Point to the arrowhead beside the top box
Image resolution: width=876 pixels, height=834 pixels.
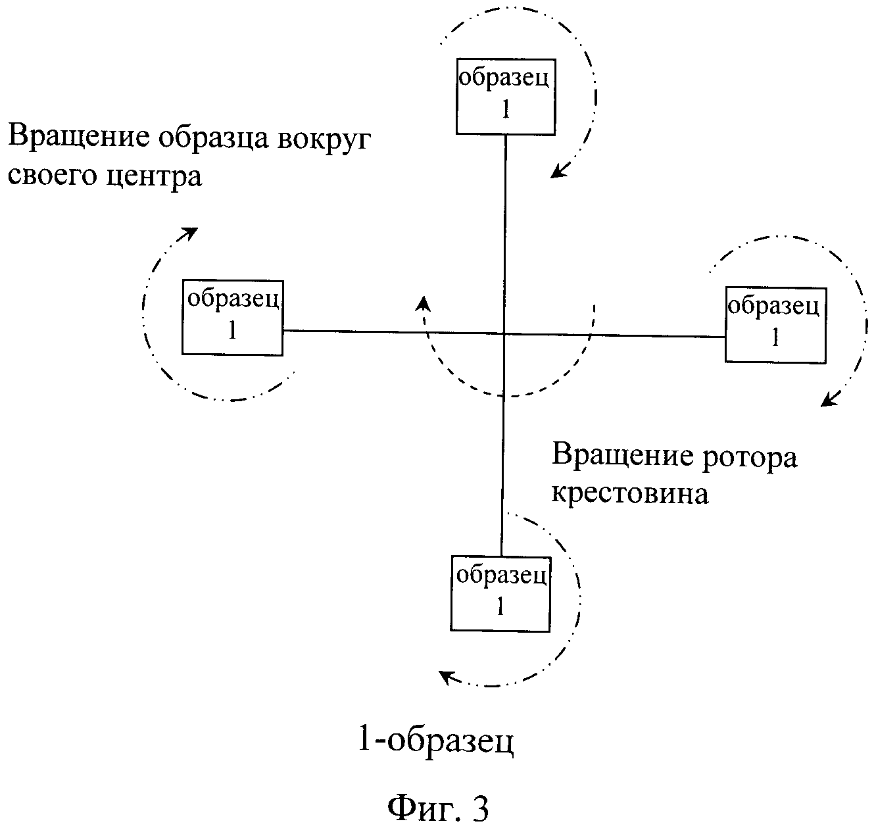pos(560,170)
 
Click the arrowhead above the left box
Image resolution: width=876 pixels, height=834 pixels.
pos(188,233)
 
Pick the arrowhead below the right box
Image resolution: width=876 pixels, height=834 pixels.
pos(830,399)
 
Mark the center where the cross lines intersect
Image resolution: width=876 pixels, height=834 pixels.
pos(504,333)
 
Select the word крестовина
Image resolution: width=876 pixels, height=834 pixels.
pos(630,495)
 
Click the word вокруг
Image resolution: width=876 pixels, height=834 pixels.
pos(324,139)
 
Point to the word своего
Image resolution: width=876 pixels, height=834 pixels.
pos(52,176)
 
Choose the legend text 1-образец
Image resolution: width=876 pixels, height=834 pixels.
pos(436,742)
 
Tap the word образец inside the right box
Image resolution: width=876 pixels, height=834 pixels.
pos(773,307)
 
